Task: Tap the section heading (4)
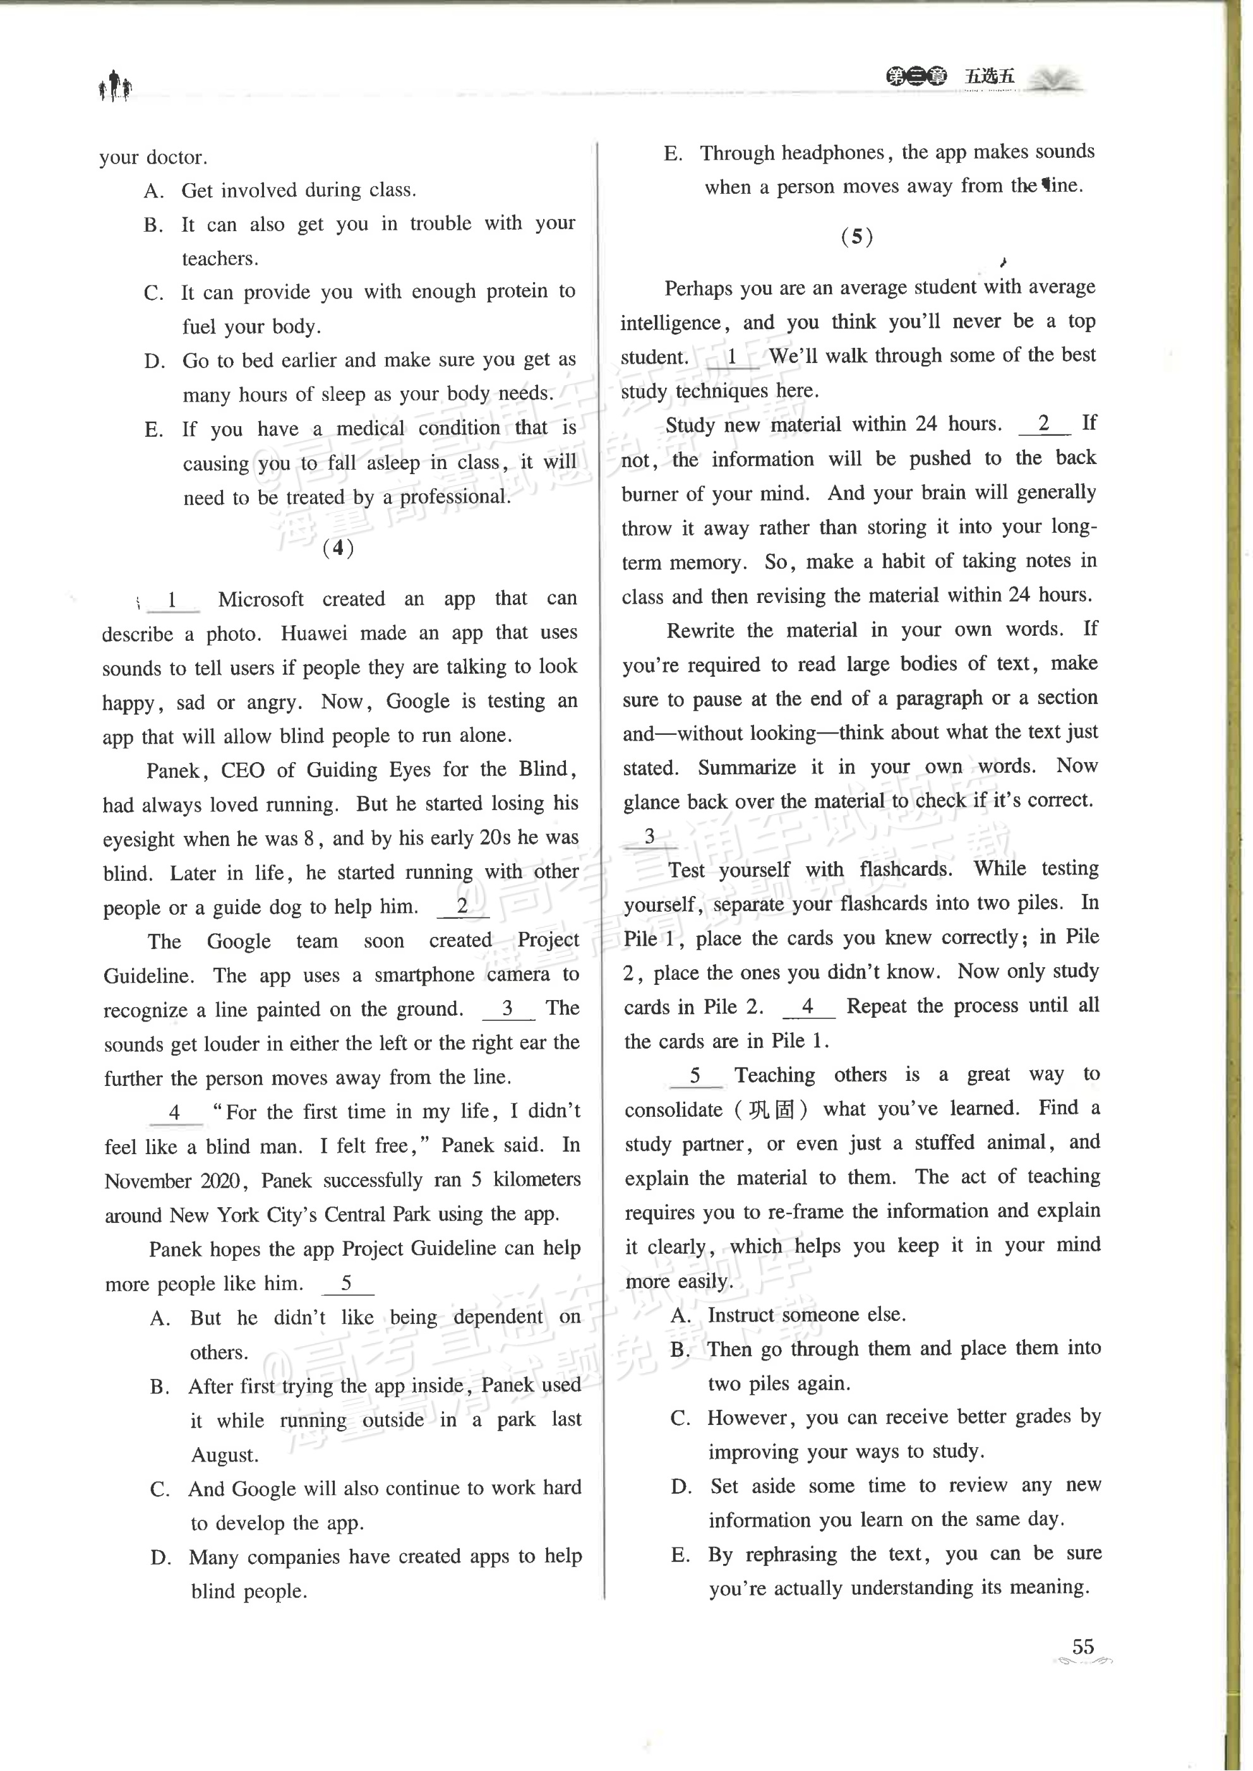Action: [x=338, y=549]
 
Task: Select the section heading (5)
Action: [x=856, y=236]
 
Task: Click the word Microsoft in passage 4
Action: [x=260, y=599]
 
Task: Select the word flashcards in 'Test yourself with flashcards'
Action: [x=905, y=869]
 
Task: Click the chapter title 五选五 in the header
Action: [x=989, y=76]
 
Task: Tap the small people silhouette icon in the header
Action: [x=115, y=86]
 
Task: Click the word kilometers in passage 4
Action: [x=537, y=1179]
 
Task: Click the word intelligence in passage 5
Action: [x=671, y=323]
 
